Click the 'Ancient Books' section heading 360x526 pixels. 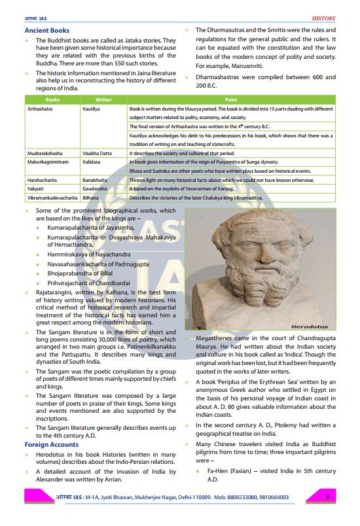pyautogui.click(x=46, y=31)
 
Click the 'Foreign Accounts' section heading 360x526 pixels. pyautogui.click(x=51, y=445)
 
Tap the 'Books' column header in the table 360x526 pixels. pyautogui.click(x=52, y=99)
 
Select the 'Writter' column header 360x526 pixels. pyautogui.click(x=103, y=99)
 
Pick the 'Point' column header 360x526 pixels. pyautogui.click(x=231, y=99)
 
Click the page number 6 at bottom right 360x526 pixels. pyautogui.click(x=327, y=497)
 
